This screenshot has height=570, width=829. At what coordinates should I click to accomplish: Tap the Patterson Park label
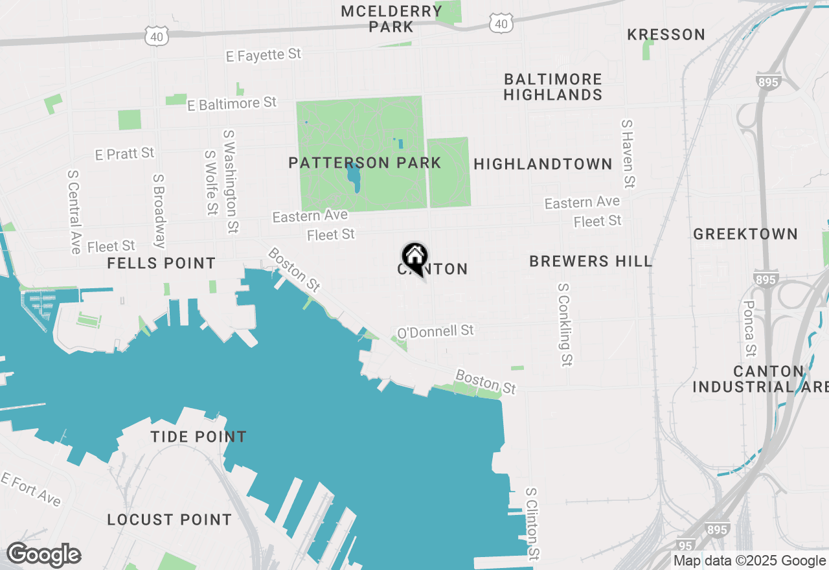(365, 162)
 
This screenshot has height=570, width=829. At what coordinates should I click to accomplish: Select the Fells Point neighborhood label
(161, 263)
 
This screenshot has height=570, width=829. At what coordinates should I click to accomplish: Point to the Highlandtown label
(543, 164)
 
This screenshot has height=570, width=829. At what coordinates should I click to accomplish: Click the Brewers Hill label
(591, 261)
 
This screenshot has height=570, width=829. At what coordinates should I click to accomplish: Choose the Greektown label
(745, 234)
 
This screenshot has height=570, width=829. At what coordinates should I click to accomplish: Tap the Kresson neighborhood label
(666, 34)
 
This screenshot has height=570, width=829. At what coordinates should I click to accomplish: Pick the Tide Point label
(199, 437)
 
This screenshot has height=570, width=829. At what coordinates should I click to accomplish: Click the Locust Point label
(169, 519)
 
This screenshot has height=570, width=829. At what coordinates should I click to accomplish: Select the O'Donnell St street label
(435, 332)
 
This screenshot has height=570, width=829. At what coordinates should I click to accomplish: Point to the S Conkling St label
(565, 324)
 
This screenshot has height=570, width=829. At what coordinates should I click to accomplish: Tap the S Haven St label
(627, 154)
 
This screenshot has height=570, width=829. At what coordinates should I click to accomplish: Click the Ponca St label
(749, 328)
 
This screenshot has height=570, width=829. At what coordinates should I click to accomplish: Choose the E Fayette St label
(264, 55)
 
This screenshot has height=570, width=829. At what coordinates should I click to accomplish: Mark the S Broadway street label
(159, 211)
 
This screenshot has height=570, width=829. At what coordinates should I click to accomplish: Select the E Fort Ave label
(30, 489)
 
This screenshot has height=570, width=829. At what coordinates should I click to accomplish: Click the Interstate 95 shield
(686, 546)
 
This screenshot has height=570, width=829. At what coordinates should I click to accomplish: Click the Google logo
(44, 555)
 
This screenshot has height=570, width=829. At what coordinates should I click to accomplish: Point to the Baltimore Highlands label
(552, 87)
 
